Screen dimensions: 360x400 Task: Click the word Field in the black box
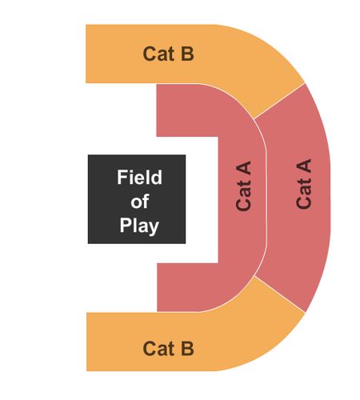pos(139,177)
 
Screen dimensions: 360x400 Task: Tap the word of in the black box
pos(139,202)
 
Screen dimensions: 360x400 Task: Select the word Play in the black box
pos(139,226)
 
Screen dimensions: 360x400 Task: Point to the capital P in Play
pos(125,225)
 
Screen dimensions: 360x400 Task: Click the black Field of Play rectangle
pos(137,199)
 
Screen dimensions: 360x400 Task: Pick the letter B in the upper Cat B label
pos(187,54)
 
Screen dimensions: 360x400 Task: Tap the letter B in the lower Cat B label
pos(187,348)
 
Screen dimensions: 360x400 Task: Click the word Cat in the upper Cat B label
pos(158,54)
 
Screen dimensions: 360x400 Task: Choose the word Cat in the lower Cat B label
pos(158,348)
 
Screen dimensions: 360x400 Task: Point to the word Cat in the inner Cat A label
pos(243,195)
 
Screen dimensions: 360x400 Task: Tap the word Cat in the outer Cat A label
pos(304,193)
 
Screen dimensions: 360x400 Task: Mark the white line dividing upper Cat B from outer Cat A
pos(279,101)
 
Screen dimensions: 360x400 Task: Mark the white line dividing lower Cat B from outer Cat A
pos(280,294)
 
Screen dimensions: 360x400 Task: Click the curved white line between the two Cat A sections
pos(266,198)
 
